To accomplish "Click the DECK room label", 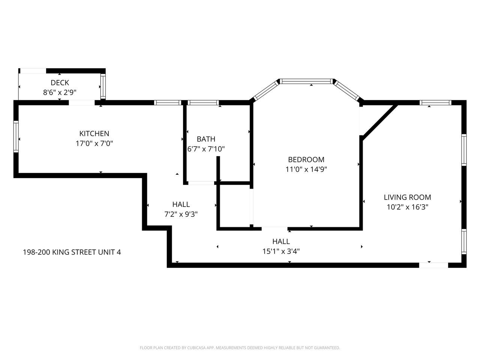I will tap(60, 82).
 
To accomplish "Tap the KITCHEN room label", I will tap(94, 133).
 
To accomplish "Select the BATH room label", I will tap(206, 139).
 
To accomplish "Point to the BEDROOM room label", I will tap(306, 159).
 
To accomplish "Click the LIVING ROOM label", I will tap(407, 197).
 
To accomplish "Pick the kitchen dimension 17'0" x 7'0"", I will tap(94, 143).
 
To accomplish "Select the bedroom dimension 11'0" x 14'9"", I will tap(306, 169).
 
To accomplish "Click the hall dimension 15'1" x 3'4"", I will tap(281, 251).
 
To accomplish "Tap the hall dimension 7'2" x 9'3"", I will tap(181, 214).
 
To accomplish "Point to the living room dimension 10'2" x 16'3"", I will tap(407, 207).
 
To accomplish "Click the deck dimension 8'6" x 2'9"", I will tap(60, 92).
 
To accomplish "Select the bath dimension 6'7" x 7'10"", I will tap(206, 149).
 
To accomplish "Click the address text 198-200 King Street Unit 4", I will tap(72, 252).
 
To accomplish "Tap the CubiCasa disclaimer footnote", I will tap(240, 348).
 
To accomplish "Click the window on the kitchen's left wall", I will tap(16, 136).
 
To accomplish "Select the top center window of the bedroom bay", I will tap(307, 81).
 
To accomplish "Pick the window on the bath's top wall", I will tap(203, 102).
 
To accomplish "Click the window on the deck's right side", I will tap(103, 87).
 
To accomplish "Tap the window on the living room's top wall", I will tap(435, 102).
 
